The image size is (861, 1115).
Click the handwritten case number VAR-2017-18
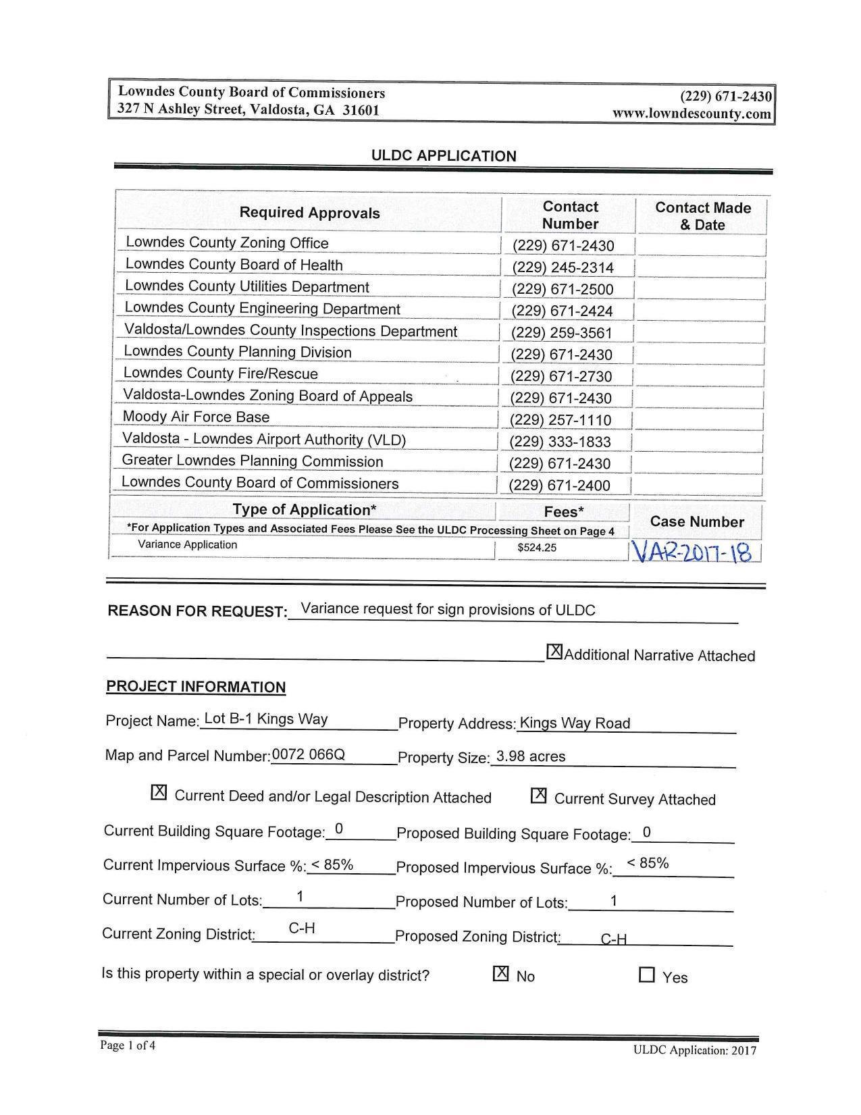point(694,553)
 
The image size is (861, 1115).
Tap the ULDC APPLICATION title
point(444,156)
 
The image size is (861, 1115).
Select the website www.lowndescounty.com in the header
point(692,113)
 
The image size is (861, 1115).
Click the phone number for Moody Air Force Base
point(560,420)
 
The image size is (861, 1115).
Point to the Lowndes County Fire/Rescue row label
point(220,374)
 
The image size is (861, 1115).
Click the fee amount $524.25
point(537,548)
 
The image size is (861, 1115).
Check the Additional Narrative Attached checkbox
point(554,652)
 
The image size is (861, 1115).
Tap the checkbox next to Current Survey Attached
point(538,796)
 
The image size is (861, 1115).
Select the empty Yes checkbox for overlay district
point(647,975)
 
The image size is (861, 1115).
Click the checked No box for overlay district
point(501,974)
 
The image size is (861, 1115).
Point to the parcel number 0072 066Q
point(309,755)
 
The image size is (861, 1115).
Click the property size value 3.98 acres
point(531,757)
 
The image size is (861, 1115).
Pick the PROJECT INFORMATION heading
point(196,688)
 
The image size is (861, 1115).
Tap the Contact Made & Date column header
point(702,216)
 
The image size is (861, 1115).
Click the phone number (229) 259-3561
point(561,333)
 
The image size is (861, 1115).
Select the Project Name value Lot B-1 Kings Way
point(265,719)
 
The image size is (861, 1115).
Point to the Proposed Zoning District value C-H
point(613,939)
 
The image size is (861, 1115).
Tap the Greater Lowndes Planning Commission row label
point(252,462)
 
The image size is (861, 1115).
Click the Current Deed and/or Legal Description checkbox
point(159,793)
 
